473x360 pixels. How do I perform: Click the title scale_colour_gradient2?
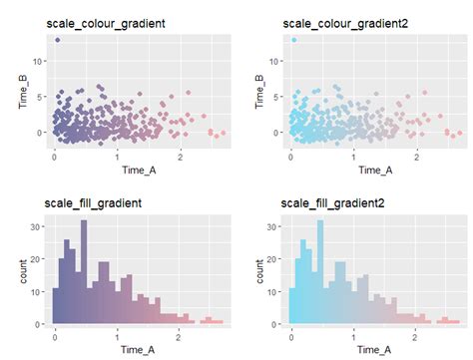pos(342,21)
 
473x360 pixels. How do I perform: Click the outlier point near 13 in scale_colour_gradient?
pos(58,40)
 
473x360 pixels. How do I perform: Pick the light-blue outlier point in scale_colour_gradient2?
pos(294,40)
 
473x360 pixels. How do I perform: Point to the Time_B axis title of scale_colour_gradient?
pos(21,91)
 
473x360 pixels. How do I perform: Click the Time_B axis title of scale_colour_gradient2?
pos(257,91)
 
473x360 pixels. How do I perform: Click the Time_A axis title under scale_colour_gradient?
pos(135,170)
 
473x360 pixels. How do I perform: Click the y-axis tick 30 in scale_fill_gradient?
pos(37,227)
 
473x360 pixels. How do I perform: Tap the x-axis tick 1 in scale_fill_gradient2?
pos(354,336)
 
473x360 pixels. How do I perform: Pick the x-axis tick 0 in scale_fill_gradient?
pos(55,336)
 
